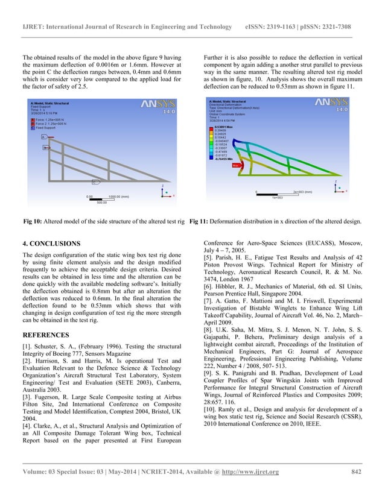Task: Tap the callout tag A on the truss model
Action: point(43,137)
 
